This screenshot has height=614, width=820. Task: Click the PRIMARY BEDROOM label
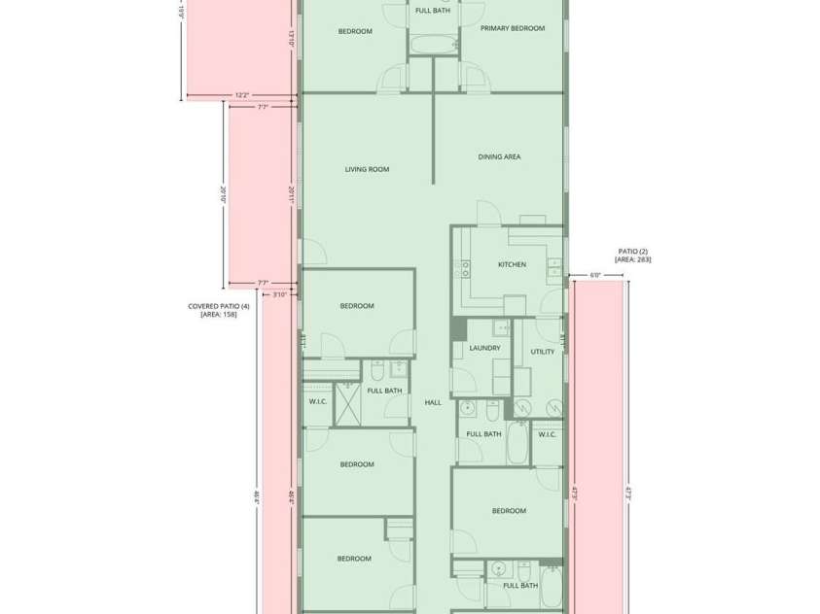click(513, 29)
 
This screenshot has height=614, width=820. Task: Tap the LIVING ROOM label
click(367, 169)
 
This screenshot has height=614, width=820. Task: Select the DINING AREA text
click(499, 156)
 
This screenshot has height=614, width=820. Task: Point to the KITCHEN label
click(512, 264)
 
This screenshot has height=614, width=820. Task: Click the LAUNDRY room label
click(484, 348)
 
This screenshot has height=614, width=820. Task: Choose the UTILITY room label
click(543, 352)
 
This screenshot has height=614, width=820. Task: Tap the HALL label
click(433, 402)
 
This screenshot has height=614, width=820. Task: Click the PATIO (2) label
click(632, 251)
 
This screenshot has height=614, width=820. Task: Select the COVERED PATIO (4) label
click(219, 306)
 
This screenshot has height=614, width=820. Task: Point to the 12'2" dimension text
click(241, 95)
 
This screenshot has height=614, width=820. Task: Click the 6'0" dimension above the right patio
click(595, 275)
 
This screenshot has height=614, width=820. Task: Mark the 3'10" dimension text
click(279, 294)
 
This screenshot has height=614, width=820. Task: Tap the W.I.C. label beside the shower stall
click(317, 400)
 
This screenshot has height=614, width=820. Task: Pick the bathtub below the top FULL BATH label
click(433, 44)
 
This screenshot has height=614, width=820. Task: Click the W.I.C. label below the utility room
click(547, 434)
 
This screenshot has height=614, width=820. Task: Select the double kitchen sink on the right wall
click(553, 263)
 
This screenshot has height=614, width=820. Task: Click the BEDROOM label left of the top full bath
click(355, 31)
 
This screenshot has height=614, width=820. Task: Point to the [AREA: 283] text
click(632, 259)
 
